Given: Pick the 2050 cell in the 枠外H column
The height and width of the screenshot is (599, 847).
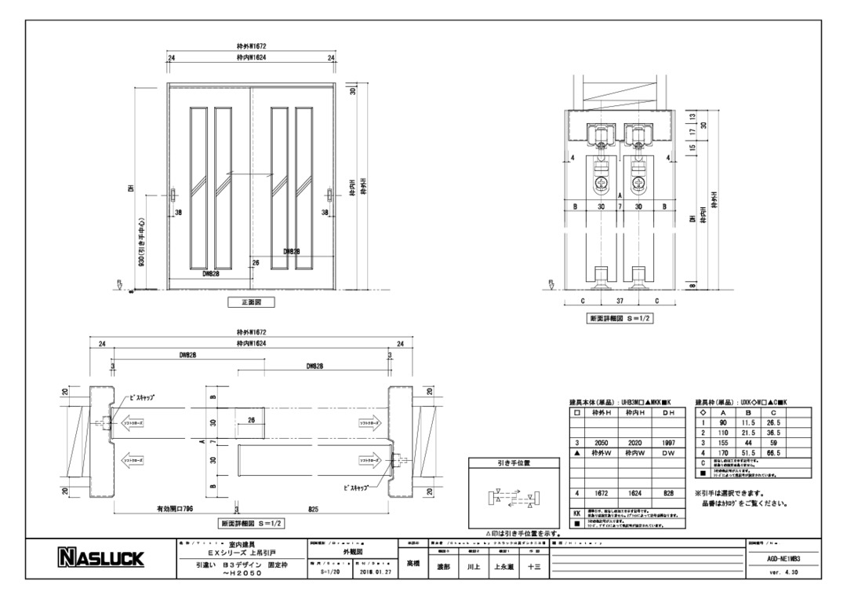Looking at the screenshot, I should pyautogui.click(x=602, y=443).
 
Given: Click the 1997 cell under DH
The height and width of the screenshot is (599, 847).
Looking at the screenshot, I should pyautogui.click(x=667, y=443).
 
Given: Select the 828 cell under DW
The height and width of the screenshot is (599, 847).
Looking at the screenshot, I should pyautogui.click(x=667, y=493).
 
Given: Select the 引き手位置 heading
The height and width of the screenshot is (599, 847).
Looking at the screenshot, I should pyautogui.click(x=513, y=463).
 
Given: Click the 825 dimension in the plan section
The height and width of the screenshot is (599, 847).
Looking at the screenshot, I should pyautogui.click(x=314, y=508).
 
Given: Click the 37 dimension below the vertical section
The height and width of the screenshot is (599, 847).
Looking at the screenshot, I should pyautogui.click(x=620, y=300).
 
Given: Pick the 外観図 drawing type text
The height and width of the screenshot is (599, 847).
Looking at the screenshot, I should pyautogui.click(x=354, y=553).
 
